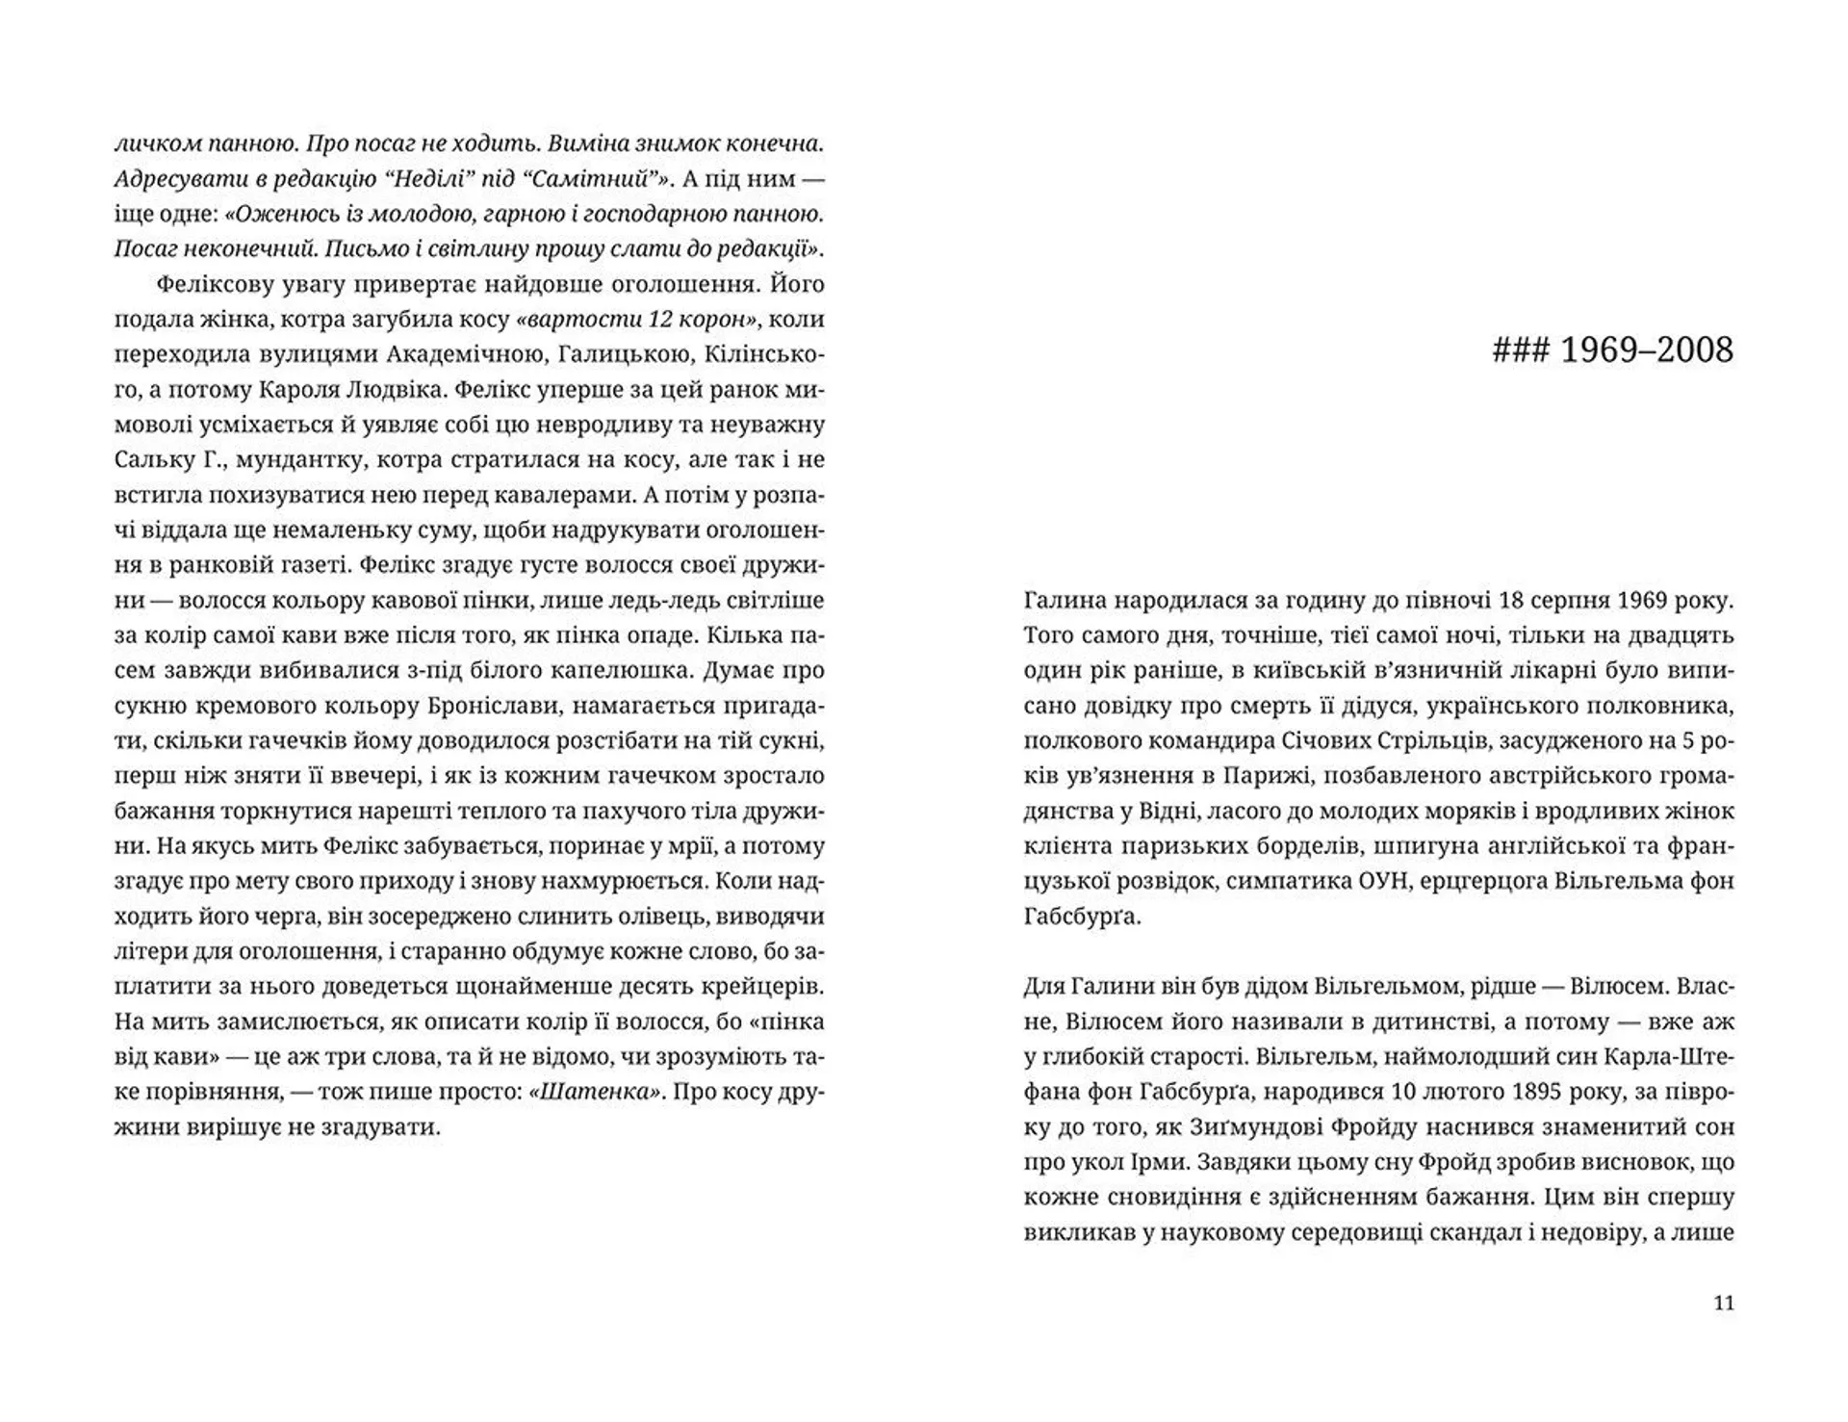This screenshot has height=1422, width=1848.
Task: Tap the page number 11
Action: click(1724, 1304)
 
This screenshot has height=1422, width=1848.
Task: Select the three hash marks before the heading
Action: click(1520, 350)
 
